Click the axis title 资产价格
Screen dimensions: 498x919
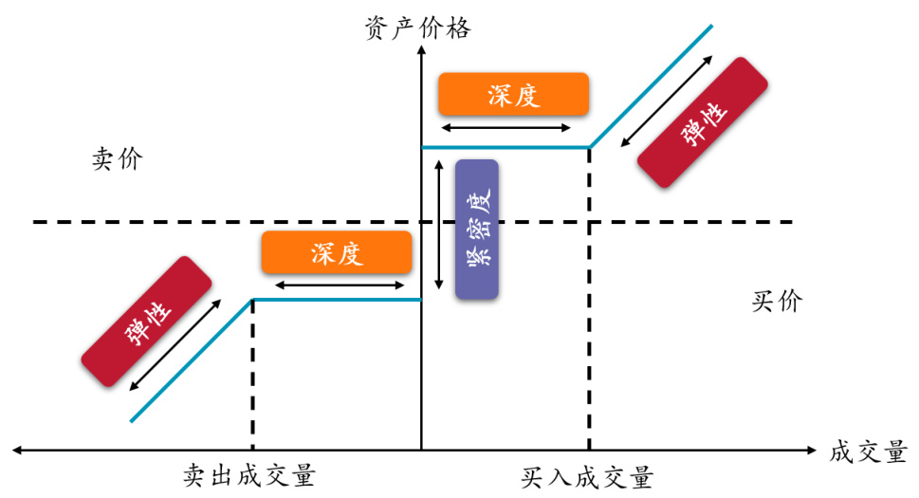[417, 28]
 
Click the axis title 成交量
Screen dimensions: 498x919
[868, 452]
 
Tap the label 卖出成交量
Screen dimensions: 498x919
[249, 475]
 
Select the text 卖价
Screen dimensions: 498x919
[117, 158]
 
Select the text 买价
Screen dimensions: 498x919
[777, 302]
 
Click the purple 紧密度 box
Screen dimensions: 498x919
[477, 229]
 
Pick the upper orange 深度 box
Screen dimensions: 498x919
[513, 94]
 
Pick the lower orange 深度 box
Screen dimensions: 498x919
[336, 252]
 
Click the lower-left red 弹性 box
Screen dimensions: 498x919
[146, 323]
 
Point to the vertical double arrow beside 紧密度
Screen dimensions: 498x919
[438, 225]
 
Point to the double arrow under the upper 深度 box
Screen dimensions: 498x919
[506, 127]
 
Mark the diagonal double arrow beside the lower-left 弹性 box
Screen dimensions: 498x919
[178, 344]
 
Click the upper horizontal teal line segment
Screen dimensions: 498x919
[505, 147]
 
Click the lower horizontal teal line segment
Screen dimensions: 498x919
[336, 300]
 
